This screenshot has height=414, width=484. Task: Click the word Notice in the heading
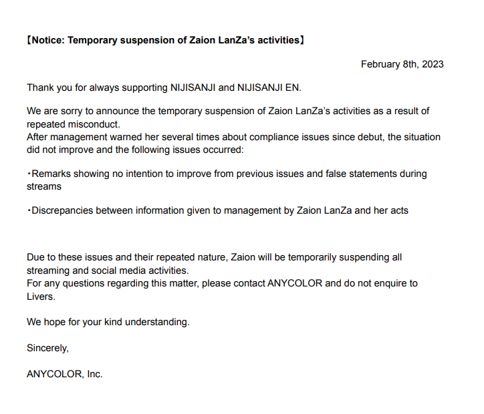(49, 40)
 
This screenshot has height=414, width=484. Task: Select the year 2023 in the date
(432, 64)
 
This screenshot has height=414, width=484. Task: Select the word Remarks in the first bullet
(51, 174)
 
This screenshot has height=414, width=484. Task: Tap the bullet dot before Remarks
(29, 174)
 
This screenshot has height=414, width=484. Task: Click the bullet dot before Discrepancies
(29, 210)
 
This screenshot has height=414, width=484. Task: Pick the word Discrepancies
(63, 210)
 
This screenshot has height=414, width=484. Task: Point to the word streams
(44, 186)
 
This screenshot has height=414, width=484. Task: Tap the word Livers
(40, 296)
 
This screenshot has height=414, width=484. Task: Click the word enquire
(386, 283)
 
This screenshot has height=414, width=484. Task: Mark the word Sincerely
(47, 348)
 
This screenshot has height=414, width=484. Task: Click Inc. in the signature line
(94, 374)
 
